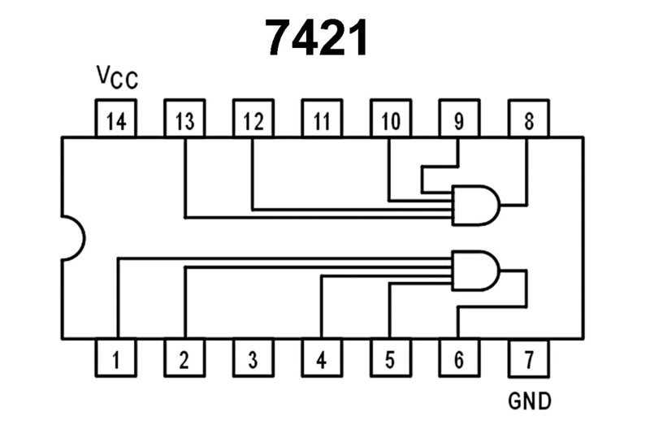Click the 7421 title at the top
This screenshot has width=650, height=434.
[x=317, y=37]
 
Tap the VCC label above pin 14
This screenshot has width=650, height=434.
[x=117, y=78]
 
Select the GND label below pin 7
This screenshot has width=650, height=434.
[x=529, y=401]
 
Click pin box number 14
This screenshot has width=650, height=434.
[x=116, y=120]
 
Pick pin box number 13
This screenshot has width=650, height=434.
[x=184, y=120]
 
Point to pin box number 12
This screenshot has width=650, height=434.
[x=253, y=120]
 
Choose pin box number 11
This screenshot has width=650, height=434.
[x=322, y=120]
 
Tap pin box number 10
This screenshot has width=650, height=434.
[x=390, y=120]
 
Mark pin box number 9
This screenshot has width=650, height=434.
[x=459, y=120]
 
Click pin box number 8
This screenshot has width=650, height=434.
[x=528, y=120]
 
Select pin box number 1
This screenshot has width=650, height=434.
[x=116, y=358]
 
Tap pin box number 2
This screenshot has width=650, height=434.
[x=184, y=358]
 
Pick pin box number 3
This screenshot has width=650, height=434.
[x=253, y=358]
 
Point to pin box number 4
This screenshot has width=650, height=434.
[x=322, y=358]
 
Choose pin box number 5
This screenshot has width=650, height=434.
[x=390, y=358]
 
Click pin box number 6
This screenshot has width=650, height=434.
[x=459, y=358]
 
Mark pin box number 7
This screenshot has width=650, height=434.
[x=528, y=358]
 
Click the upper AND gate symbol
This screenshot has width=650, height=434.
[x=475, y=205]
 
